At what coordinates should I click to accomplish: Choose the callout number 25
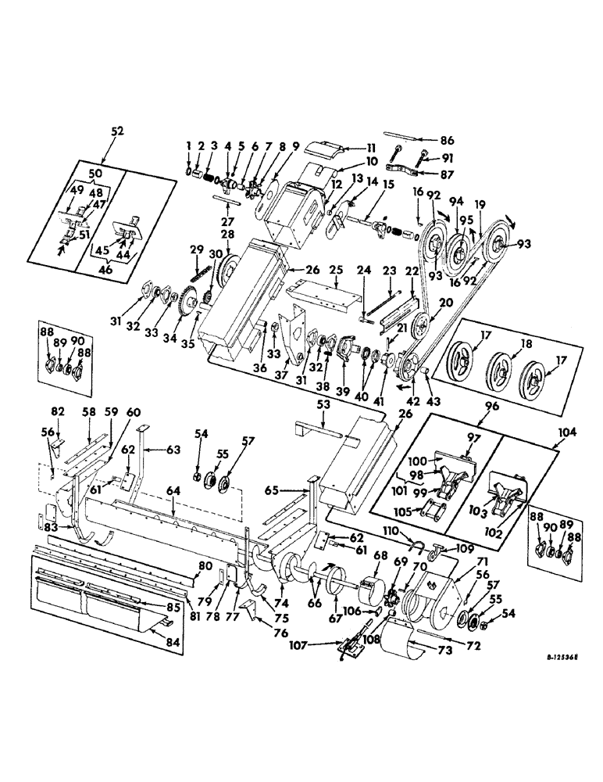(335, 269)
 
